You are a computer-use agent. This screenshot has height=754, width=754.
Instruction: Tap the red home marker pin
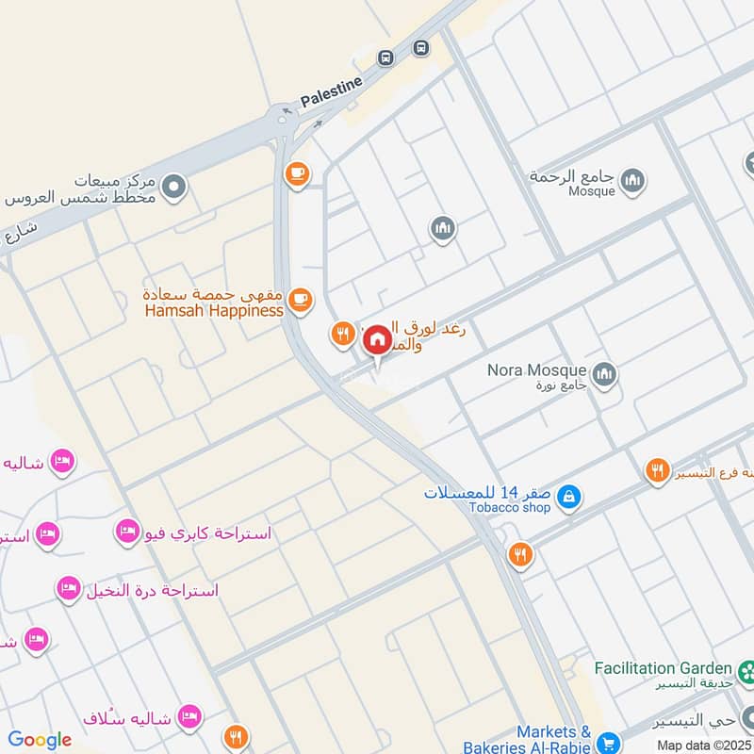click(x=377, y=338)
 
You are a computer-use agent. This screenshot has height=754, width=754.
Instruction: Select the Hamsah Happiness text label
click(x=214, y=310)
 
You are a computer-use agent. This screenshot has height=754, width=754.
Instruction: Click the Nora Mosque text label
click(x=536, y=370)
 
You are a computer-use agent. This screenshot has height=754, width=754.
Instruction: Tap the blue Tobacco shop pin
click(x=568, y=495)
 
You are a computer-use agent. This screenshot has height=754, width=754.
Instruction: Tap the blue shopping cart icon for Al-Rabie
click(x=608, y=742)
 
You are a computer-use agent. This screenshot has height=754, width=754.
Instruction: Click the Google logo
click(x=40, y=740)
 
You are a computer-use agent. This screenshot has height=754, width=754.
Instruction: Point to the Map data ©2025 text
click(x=704, y=745)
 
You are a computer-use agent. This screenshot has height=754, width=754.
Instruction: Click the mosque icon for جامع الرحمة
click(x=632, y=179)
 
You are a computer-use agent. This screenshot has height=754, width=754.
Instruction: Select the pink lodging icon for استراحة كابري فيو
click(x=127, y=531)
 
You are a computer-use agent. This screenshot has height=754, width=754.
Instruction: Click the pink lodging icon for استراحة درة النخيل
click(x=67, y=589)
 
